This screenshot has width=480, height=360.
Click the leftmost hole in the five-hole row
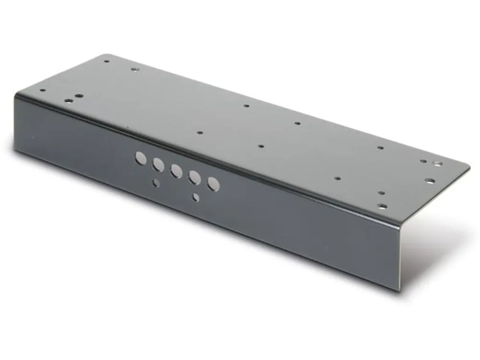point(140,158)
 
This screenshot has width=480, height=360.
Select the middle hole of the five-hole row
point(176,171)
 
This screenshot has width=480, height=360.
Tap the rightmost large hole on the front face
point(214,184)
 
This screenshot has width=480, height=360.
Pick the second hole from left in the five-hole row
point(158,165)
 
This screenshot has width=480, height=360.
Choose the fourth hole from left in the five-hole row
point(195,178)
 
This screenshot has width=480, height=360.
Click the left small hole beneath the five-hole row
point(156,183)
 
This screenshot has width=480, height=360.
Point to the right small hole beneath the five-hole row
point(196,197)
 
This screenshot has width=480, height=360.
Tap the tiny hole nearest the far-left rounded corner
point(107,61)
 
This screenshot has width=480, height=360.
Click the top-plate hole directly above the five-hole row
point(200,132)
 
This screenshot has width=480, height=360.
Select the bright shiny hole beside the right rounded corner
point(438,164)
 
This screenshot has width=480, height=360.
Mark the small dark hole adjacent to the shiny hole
point(423,161)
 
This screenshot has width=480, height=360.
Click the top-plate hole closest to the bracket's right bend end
point(382,206)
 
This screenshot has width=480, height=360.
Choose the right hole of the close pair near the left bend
point(79,96)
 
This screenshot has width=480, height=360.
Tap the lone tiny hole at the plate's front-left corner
point(43,90)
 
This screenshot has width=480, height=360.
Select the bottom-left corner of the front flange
point(15,150)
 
